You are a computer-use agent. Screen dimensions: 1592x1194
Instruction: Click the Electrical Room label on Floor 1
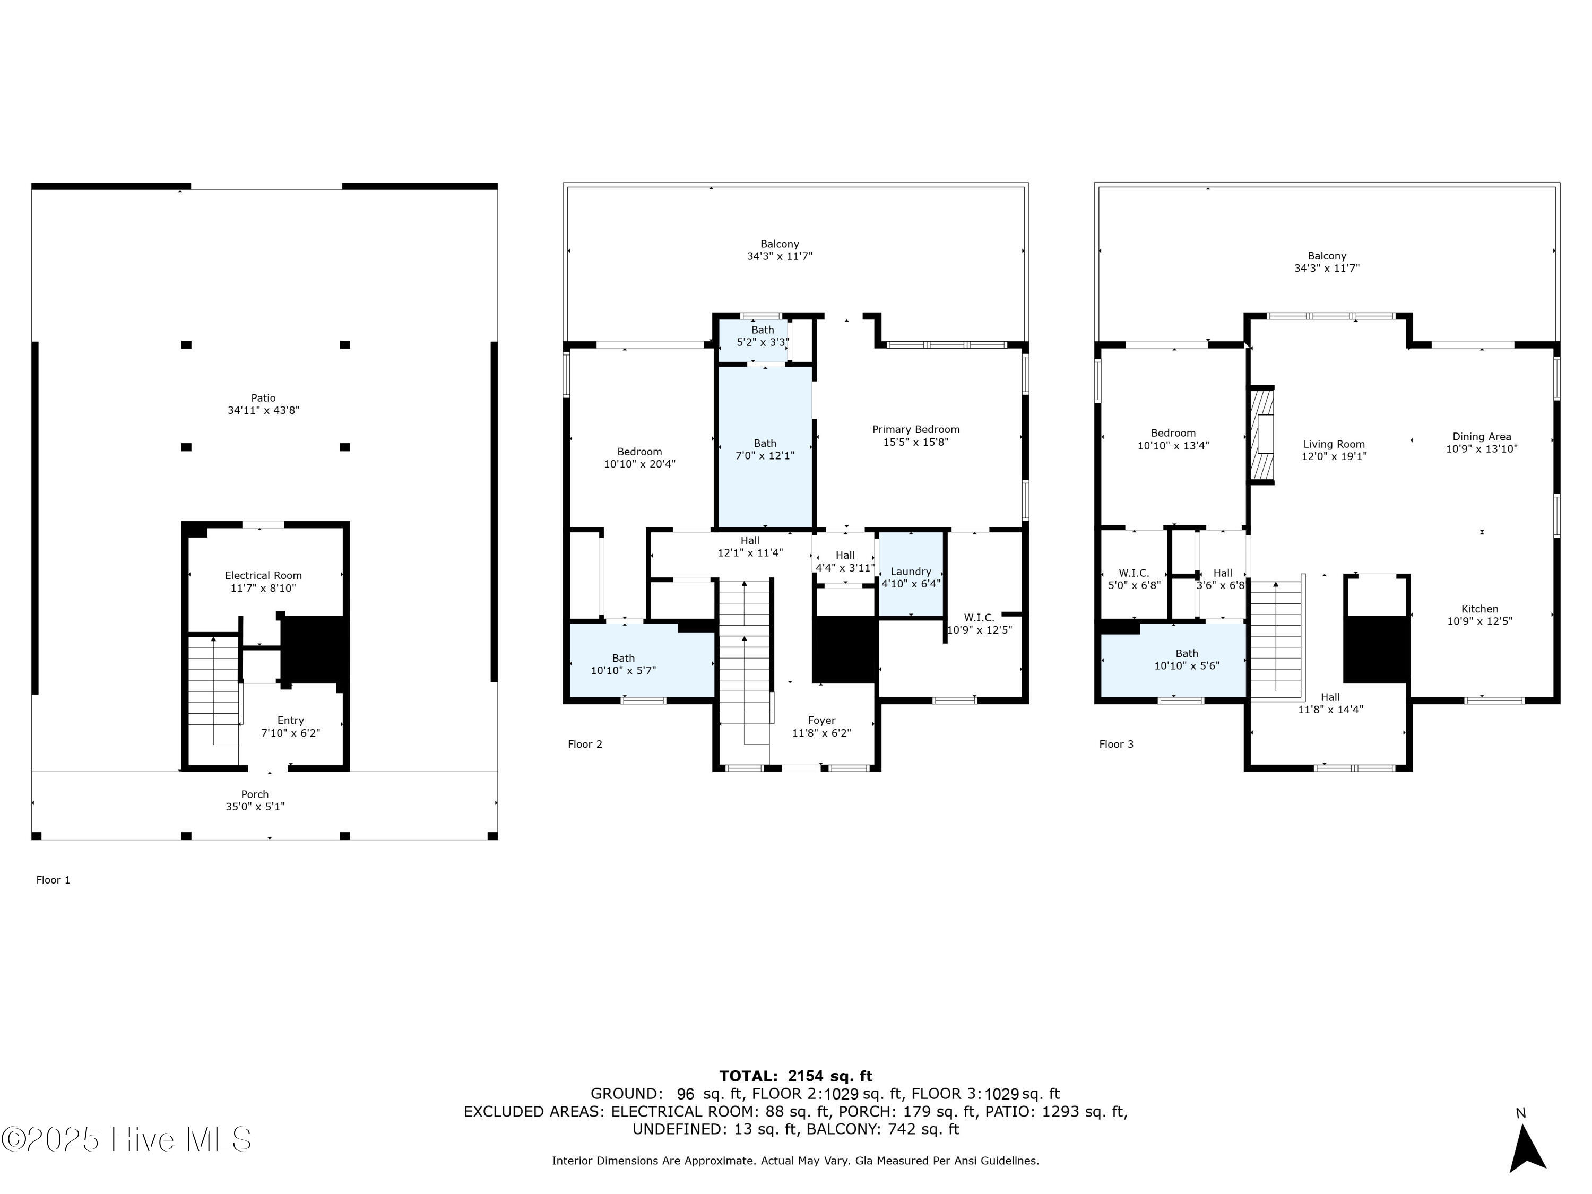[263, 576]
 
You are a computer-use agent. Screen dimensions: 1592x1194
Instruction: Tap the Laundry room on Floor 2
[911, 574]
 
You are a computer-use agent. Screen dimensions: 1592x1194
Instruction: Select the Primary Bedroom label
[915, 430]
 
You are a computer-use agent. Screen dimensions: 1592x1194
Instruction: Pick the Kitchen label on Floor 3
[1479, 609]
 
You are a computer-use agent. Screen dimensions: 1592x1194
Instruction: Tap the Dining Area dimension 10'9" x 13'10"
[1482, 449]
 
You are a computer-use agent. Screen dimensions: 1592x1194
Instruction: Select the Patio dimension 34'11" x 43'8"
[263, 410]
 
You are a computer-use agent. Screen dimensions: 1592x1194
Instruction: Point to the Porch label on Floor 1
[255, 794]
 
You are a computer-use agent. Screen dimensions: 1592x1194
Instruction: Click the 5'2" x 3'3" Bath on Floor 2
[754, 339]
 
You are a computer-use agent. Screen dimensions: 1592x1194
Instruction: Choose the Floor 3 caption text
[1117, 744]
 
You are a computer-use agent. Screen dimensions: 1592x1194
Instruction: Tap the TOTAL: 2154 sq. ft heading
[796, 1076]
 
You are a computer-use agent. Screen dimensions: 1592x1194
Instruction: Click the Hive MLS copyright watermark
[127, 1139]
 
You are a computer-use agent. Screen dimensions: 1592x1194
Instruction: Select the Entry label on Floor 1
[291, 721]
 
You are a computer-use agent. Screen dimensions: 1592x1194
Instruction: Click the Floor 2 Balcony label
[780, 244]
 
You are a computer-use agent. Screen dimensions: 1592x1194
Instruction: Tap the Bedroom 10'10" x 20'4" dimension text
[640, 464]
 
